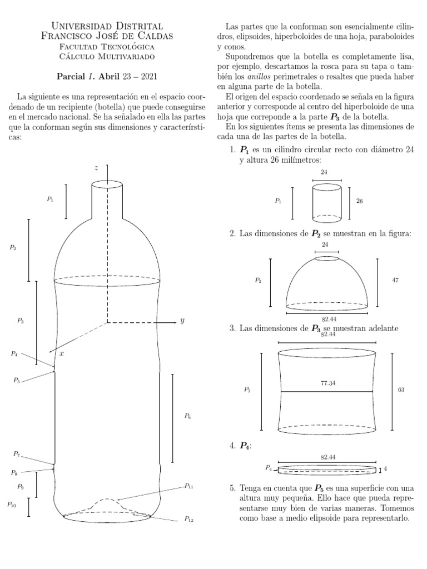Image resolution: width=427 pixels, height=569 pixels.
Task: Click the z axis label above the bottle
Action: pyautogui.click(x=97, y=167)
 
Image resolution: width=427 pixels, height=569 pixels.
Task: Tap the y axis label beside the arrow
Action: pyautogui.click(x=182, y=321)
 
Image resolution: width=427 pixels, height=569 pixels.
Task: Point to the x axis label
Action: pyautogui.click(x=61, y=353)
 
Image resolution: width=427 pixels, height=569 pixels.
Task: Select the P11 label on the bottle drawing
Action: pyautogui.click(x=189, y=486)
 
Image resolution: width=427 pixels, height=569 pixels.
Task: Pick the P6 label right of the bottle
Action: pyautogui.click(x=187, y=416)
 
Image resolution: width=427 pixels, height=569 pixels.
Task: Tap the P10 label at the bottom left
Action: pyautogui.click(x=12, y=505)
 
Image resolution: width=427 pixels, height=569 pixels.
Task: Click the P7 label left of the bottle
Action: pyautogui.click(x=17, y=455)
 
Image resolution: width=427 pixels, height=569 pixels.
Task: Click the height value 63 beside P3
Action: pyautogui.click(x=401, y=390)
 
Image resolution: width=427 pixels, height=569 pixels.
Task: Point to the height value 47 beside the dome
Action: pyautogui.click(x=395, y=281)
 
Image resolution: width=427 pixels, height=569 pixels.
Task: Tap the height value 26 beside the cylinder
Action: pyautogui.click(x=359, y=201)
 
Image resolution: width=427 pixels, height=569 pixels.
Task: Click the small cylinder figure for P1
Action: pyautogui.click(x=327, y=202)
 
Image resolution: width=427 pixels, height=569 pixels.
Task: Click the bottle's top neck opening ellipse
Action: pyautogui.click(x=107, y=184)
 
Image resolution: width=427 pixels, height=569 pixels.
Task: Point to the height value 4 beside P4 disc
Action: pyautogui.click(x=385, y=469)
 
